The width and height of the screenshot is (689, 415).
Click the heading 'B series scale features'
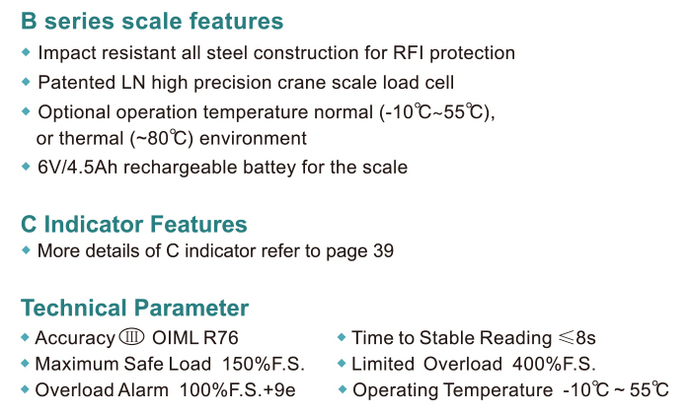click(152, 21)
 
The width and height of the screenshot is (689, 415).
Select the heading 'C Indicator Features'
click(134, 224)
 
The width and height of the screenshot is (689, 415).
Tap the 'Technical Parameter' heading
click(134, 308)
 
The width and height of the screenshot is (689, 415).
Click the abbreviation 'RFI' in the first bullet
click(409, 52)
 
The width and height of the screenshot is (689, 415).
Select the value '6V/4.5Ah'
click(77, 168)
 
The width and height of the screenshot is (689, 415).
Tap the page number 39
click(383, 251)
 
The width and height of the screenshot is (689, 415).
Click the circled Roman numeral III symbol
click(131, 337)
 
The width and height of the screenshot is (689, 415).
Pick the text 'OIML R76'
click(195, 338)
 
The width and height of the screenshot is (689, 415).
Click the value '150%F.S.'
click(264, 364)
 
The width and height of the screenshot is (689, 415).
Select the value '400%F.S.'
click(554, 364)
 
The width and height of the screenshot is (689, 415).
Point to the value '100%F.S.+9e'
click(238, 390)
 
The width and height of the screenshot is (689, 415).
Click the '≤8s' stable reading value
click(577, 338)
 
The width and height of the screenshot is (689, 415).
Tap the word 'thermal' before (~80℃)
click(92, 138)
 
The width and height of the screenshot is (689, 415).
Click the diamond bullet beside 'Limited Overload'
click(342, 363)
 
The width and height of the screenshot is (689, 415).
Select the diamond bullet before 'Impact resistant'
click(26, 52)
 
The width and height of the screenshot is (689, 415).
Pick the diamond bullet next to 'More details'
click(26, 250)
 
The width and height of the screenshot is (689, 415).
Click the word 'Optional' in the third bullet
click(74, 112)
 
